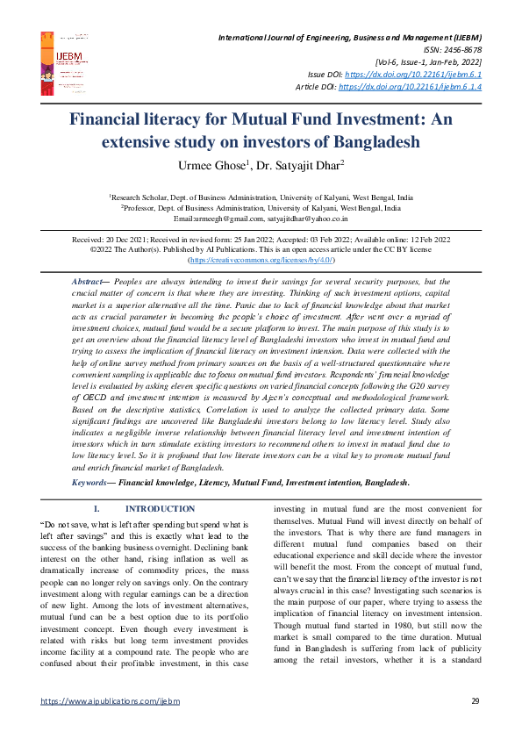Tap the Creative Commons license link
point(261,261)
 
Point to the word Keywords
point(90,483)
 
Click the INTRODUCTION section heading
point(161,509)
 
